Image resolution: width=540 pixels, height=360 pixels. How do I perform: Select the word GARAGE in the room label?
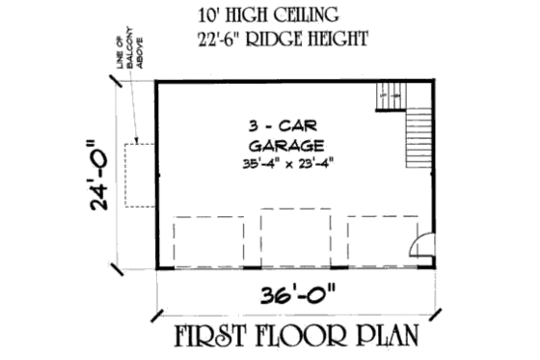coord(283,146)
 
